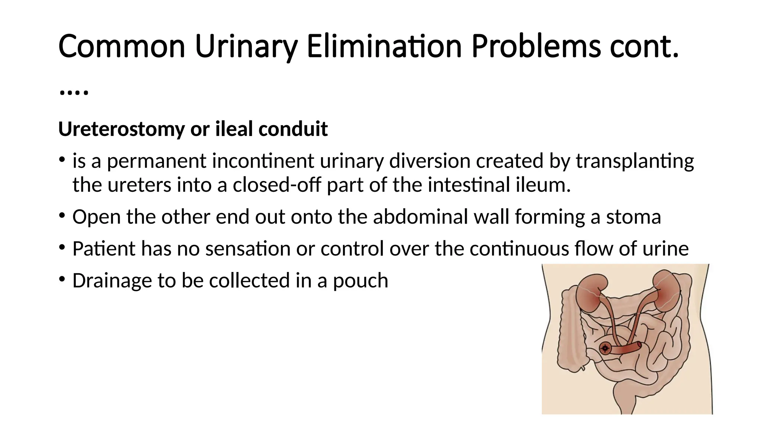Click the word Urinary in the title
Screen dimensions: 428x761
pos(246,47)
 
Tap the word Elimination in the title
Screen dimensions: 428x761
pos(384,47)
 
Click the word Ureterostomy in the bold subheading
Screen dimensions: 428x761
pos(122,129)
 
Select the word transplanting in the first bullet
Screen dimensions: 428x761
pos(635,161)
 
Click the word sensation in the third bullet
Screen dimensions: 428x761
pos(248,249)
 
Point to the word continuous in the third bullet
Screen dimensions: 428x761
pos(519,249)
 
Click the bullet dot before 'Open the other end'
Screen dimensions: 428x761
pos(62,215)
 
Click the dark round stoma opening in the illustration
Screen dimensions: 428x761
pos(605,348)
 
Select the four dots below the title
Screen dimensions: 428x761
pos(74,92)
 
